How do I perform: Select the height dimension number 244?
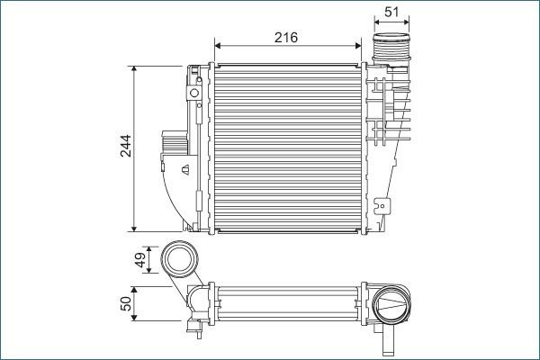[x=125, y=147]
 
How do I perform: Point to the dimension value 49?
[x=139, y=261]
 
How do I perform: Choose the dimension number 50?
[x=125, y=304]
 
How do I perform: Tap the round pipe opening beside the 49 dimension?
[x=182, y=260]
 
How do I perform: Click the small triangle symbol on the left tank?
[x=184, y=168]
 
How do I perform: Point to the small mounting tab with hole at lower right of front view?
[x=385, y=206]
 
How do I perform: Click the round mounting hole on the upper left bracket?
[x=193, y=94]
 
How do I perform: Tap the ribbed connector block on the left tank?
[x=172, y=144]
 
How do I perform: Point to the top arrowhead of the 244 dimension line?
[x=134, y=68]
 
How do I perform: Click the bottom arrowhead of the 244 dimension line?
[x=134, y=226]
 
